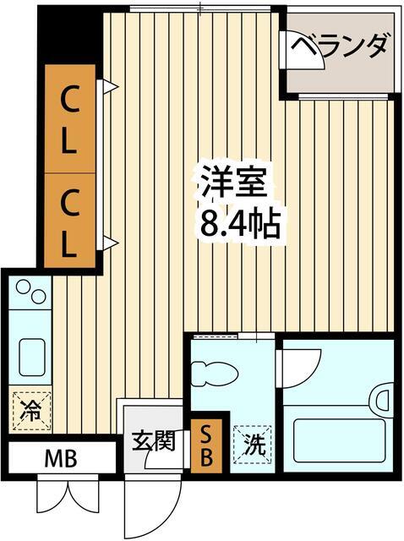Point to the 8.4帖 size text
tap(239, 223)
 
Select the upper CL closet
tap(69, 119)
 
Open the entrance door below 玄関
tap(152, 507)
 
